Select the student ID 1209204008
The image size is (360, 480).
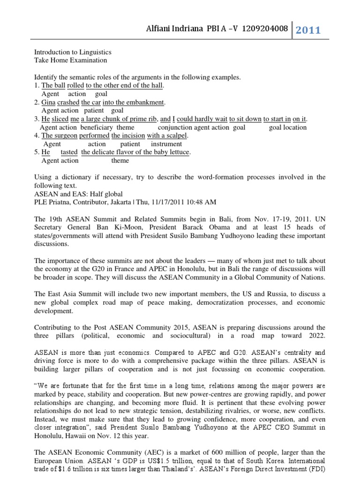tap(262, 30)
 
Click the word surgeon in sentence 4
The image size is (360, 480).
tap(65, 135)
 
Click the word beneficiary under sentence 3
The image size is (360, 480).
tap(96, 127)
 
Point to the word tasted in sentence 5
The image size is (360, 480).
tap(69, 152)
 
